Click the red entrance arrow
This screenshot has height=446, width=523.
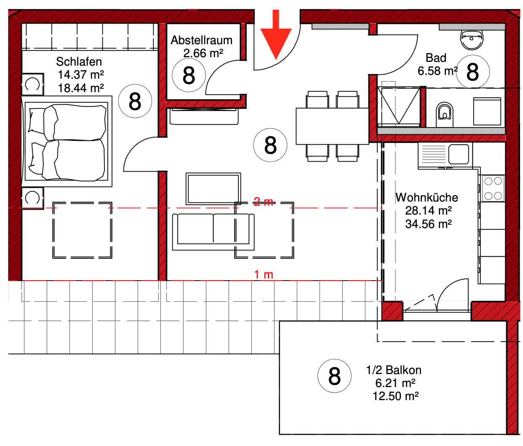[x=276, y=35]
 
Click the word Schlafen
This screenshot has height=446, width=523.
[x=79, y=61]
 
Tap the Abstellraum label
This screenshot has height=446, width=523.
[x=201, y=40]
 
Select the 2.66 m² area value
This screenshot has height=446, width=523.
[x=203, y=53]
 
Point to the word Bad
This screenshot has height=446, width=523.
[x=436, y=58]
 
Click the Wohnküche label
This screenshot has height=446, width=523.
[x=427, y=197]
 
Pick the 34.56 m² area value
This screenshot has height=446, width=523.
[x=428, y=224]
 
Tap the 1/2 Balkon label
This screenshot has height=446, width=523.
[x=394, y=370]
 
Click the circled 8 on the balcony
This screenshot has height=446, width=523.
[x=334, y=376]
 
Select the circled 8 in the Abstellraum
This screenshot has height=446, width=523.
[x=189, y=75]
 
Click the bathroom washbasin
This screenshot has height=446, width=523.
[x=471, y=40]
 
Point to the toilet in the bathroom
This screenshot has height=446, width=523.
[x=444, y=114]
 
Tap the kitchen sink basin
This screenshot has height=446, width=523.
[x=459, y=154]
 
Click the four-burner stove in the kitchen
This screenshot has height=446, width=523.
[x=493, y=188]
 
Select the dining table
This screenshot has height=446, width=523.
[x=332, y=126]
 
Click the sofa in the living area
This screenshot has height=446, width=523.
[x=213, y=232]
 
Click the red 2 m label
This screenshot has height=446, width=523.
[x=264, y=202]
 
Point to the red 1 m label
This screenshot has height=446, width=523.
[x=264, y=275]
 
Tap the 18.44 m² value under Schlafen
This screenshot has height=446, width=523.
[x=81, y=88]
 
